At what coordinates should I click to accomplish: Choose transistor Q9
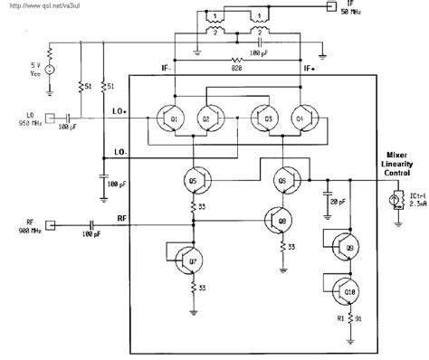[340, 246]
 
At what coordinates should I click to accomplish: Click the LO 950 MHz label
[24, 118]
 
